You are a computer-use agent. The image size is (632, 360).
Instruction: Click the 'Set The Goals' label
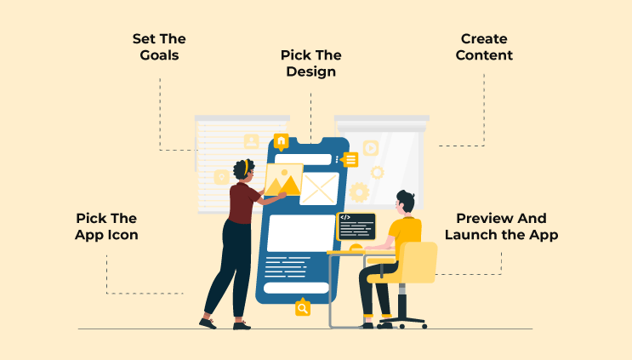(159, 47)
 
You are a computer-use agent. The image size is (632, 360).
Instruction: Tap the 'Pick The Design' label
(310, 63)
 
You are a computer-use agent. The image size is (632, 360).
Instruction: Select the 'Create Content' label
(484, 47)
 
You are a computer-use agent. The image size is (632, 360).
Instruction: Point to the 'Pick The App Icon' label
(106, 226)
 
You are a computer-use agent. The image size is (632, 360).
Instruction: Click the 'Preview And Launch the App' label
(501, 226)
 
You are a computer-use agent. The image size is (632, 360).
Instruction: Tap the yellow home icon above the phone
(281, 141)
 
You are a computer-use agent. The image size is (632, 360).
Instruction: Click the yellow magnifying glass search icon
(303, 307)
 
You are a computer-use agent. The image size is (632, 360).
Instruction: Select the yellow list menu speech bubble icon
(350, 160)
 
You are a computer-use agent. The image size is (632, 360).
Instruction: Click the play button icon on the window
(371, 148)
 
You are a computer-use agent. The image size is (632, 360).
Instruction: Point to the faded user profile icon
(252, 141)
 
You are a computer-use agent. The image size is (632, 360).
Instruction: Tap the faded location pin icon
(222, 177)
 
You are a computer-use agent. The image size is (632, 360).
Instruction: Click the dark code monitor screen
(356, 226)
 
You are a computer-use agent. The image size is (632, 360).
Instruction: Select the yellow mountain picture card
(284, 180)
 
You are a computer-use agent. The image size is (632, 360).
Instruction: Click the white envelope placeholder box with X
(319, 189)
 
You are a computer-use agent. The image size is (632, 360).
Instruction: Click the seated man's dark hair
(406, 199)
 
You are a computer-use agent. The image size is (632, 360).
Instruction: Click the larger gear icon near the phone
(360, 192)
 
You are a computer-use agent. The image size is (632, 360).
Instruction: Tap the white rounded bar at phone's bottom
(296, 288)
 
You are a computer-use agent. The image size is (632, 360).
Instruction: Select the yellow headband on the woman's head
(246, 167)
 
